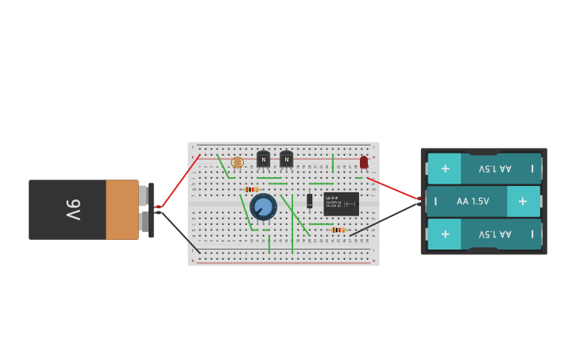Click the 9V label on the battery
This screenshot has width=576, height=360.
[x=73, y=210]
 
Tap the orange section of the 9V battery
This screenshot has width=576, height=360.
[x=122, y=210]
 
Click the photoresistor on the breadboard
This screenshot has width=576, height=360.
[x=237, y=163]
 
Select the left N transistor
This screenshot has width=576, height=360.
[x=263, y=159]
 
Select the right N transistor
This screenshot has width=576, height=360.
[x=286, y=159]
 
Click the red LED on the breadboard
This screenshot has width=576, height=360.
[x=364, y=162]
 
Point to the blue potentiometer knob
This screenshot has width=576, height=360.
[x=263, y=207]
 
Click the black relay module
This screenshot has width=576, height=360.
[x=341, y=204]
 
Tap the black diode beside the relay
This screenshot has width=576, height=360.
[x=309, y=201]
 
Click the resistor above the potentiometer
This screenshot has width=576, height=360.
[x=251, y=189]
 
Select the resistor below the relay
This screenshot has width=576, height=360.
[x=338, y=230]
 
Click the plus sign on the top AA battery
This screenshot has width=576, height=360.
[x=445, y=168]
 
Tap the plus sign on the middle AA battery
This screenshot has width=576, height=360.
[x=522, y=201]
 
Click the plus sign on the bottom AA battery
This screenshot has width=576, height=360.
[x=445, y=234]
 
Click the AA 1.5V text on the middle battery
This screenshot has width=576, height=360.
[x=473, y=201]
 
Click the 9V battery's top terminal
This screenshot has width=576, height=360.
[x=143, y=195]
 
